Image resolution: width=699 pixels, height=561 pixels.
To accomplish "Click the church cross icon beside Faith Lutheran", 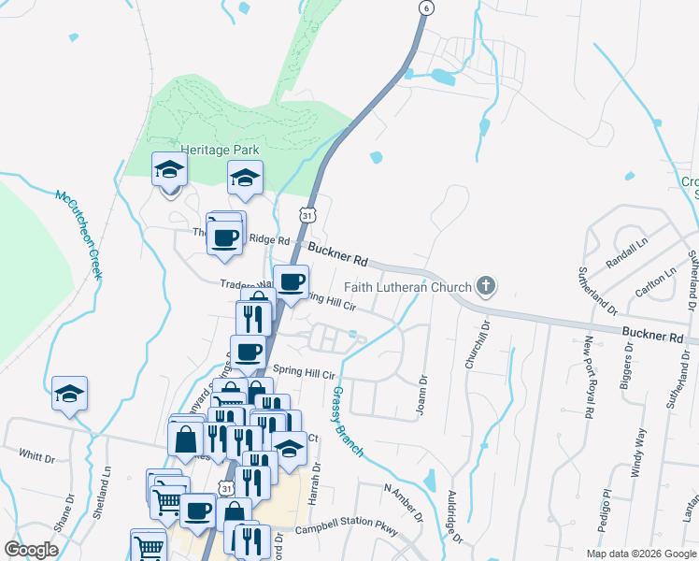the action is (x=485, y=286).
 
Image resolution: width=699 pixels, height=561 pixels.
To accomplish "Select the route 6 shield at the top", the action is (x=426, y=7).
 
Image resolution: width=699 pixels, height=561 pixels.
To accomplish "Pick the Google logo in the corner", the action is (x=32, y=550).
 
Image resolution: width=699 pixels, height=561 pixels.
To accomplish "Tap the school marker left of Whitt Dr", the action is (x=69, y=395).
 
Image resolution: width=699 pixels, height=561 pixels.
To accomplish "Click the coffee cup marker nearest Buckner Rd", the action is (x=292, y=281).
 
